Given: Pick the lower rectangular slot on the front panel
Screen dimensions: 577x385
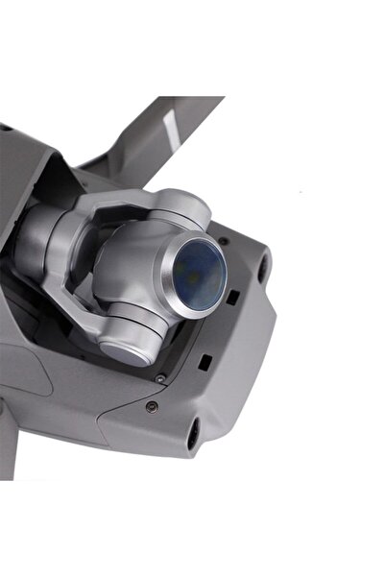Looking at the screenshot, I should click(x=205, y=362).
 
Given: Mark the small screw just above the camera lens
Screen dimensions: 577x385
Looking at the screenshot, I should click(x=223, y=240).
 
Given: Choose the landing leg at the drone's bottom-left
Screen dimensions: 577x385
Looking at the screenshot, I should click(x=9, y=442).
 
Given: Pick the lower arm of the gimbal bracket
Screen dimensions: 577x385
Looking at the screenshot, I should click(x=96, y=317).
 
